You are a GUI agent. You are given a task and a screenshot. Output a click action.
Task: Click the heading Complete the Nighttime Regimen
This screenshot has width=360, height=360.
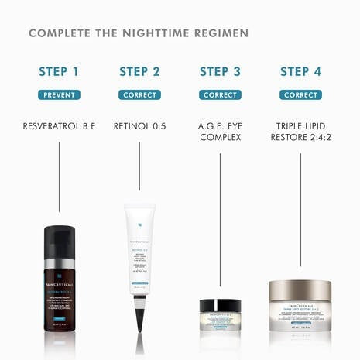[x=139, y=33]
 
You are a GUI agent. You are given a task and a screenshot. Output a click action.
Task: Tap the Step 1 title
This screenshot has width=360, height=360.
[x=59, y=72]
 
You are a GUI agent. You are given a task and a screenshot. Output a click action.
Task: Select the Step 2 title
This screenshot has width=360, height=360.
[x=139, y=72]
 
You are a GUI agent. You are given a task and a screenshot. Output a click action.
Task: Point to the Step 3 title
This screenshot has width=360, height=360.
[x=220, y=72]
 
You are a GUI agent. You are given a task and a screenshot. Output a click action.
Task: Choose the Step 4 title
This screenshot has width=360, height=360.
[x=300, y=72]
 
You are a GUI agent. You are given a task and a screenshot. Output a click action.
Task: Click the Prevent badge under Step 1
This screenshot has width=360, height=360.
[x=59, y=95]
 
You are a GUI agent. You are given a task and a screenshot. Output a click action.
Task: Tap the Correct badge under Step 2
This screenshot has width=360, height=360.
[x=139, y=95]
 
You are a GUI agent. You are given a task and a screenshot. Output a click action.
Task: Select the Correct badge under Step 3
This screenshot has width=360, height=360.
[x=220, y=95]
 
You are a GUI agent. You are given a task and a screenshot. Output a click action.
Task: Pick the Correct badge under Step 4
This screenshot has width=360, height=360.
[x=300, y=95]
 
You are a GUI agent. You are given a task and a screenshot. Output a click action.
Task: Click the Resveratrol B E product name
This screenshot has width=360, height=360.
[x=59, y=125]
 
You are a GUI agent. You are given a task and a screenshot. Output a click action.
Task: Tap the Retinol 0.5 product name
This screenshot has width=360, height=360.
[x=139, y=125]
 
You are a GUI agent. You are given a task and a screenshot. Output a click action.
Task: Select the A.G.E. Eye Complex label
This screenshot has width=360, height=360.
[x=220, y=131]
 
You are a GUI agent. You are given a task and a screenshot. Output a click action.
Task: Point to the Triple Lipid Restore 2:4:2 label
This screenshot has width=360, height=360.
[x=300, y=131]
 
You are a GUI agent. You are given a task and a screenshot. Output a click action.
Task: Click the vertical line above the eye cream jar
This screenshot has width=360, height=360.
[x=220, y=225]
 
